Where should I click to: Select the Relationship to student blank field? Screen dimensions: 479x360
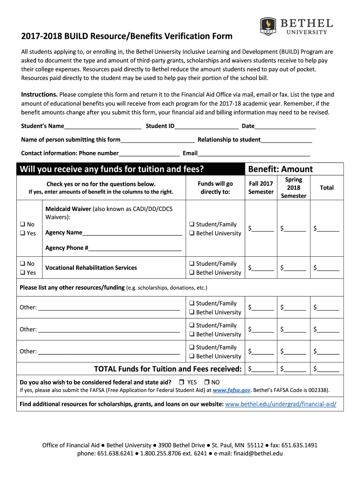pyautogui.click(x=286, y=140)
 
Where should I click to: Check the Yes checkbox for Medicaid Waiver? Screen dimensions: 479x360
pyautogui.click(x=22, y=233)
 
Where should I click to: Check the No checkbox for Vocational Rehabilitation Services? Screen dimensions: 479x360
pyautogui.click(x=22, y=264)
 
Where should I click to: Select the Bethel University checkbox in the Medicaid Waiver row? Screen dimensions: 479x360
pyautogui.click(x=192, y=233)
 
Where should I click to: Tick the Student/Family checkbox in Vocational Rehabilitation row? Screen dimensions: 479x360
pyautogui.click(x=192, y=264)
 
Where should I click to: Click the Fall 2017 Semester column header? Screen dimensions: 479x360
pyautogui.click(x=261, y=188)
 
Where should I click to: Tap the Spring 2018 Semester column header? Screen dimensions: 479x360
pyautogui.click(x=294, y=188)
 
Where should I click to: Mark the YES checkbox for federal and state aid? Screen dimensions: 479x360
pyautogui.click(x=181, y=382)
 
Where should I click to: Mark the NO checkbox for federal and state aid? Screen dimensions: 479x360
pyautogui.click(x=207, y=382)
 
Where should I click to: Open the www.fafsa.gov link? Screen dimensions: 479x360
pyautogui.click(x=232, y=390)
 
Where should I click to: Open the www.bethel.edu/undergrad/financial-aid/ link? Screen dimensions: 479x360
pyautogui.click(x=281, y=404)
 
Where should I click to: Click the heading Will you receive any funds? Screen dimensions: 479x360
pyautogui.click(x=112, y=169)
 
